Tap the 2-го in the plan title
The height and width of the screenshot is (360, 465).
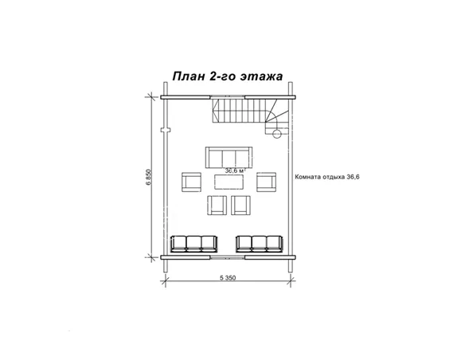tap(226, 77)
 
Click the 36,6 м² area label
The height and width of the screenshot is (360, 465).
tap(234, 170)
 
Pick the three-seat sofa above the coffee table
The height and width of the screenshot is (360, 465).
tap(229, 156)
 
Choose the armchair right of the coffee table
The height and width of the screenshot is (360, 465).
tap(267, 182)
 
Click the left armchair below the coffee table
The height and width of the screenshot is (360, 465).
tap(217, 205)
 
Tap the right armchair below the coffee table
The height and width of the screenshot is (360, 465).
tap(241, 205)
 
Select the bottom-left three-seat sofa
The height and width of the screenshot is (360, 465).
tap(194, 242)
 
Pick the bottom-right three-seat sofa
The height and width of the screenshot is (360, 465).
tap(260, 242)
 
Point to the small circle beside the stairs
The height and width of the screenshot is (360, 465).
tap(276, 134)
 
